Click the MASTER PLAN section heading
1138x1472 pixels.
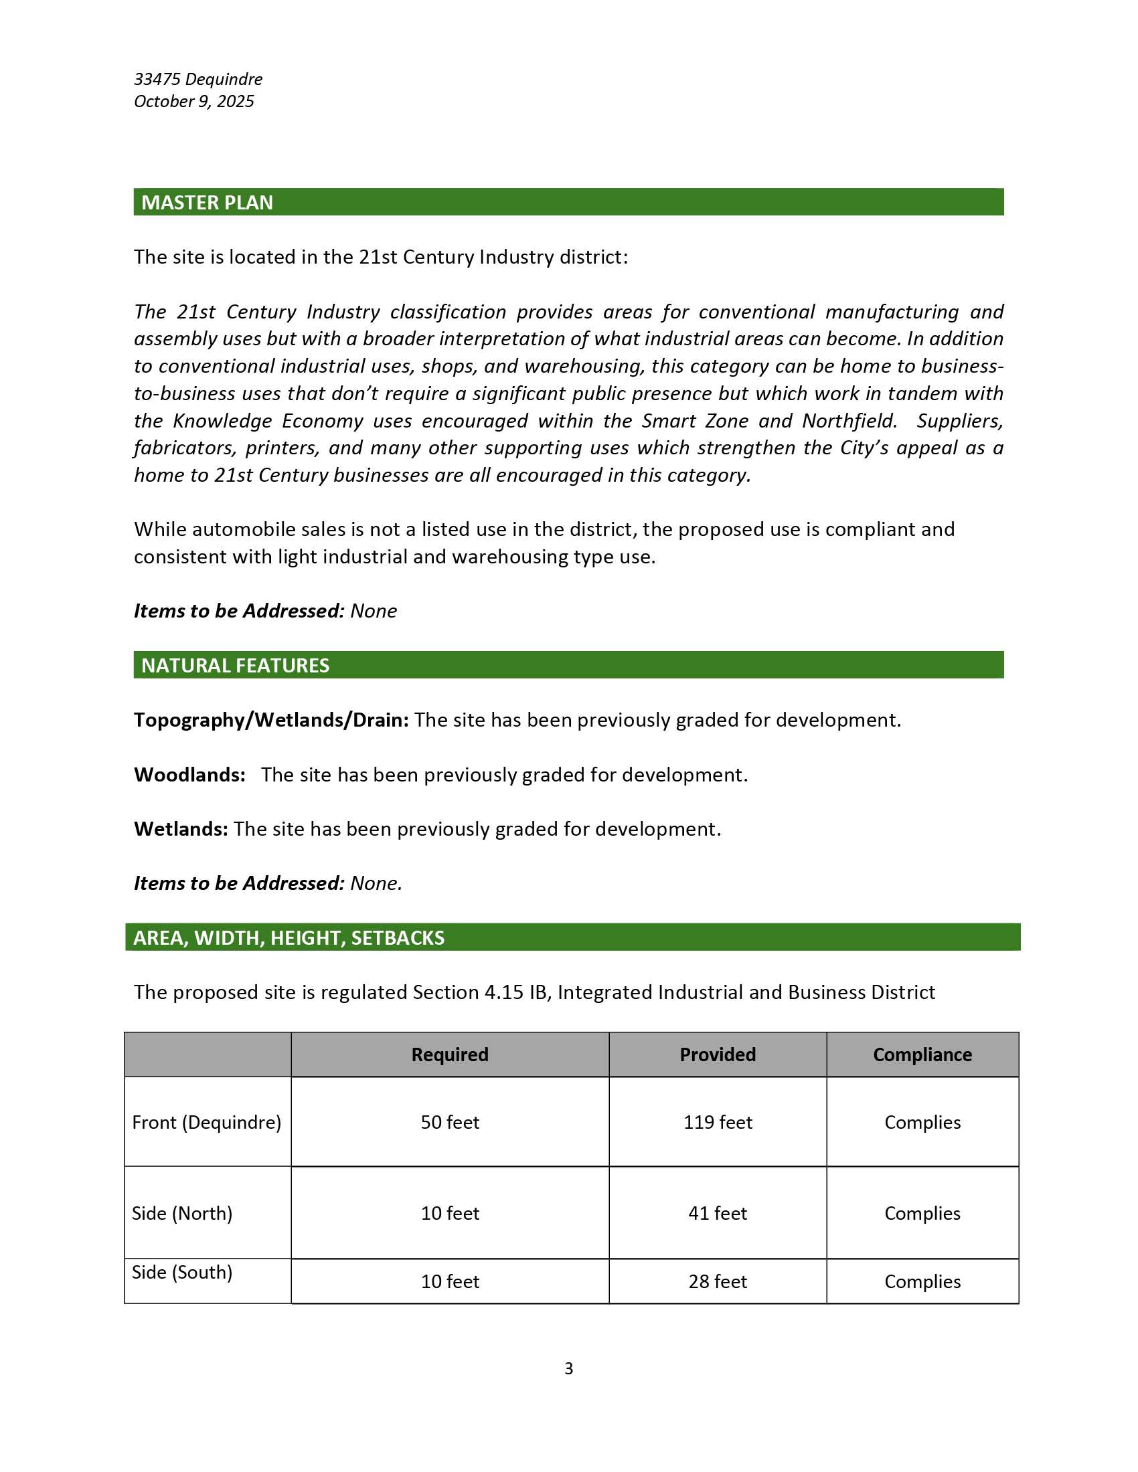pyautogui.click(x=207, y=202)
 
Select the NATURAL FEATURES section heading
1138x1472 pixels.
pyautogui.click(x=235, y=665)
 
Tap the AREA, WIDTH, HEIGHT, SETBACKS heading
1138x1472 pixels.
pyautogui.click(x=289, y=937)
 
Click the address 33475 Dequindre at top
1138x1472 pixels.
pyautogui.click(x=198, y=79)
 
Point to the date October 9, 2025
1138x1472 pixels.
pyautogui.click(x=193, y=101)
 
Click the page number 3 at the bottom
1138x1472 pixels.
pyautogui.click(x=568, y=1368)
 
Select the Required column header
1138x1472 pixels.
pyautogui.click(x=450, y=1054)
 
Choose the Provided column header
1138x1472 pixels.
pyautogui.click(x=718, y=1054)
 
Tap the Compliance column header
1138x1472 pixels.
pyautogui.click(x=922, y=1054)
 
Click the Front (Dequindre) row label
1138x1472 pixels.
pyautogui.click(x=206, y=1122)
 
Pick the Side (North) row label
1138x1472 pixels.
pyautogui.click(x=182, y=1213)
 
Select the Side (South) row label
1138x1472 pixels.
pyautogui.click(x=182, y=1272)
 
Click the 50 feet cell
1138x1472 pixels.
pyautogui.click(x=450, y=1122)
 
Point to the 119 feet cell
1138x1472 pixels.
pyautogui.click(x=718, y=1122)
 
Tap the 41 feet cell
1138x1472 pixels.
pyautogui.click(x=718, y=1213)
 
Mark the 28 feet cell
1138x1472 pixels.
pyautogui.click(x=718, y=1281)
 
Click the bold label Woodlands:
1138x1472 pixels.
pyautogui.click(x=189, y=774)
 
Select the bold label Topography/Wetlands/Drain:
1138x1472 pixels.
pyautogui.click(x=271, y=720)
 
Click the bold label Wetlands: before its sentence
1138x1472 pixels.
pyautogui.click(x=181, y=828)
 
